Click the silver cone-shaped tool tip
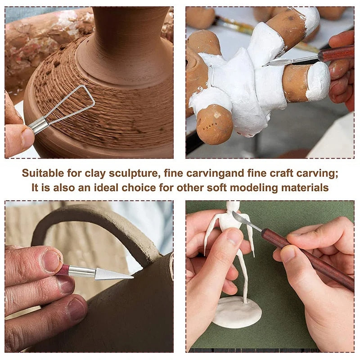point(114,274)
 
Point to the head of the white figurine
point(233,206)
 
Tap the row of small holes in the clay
point(211,126)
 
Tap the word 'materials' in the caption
point(305,188)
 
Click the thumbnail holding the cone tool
point(50,261)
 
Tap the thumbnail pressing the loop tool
point(27,138)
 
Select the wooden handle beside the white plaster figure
point(336,53)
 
